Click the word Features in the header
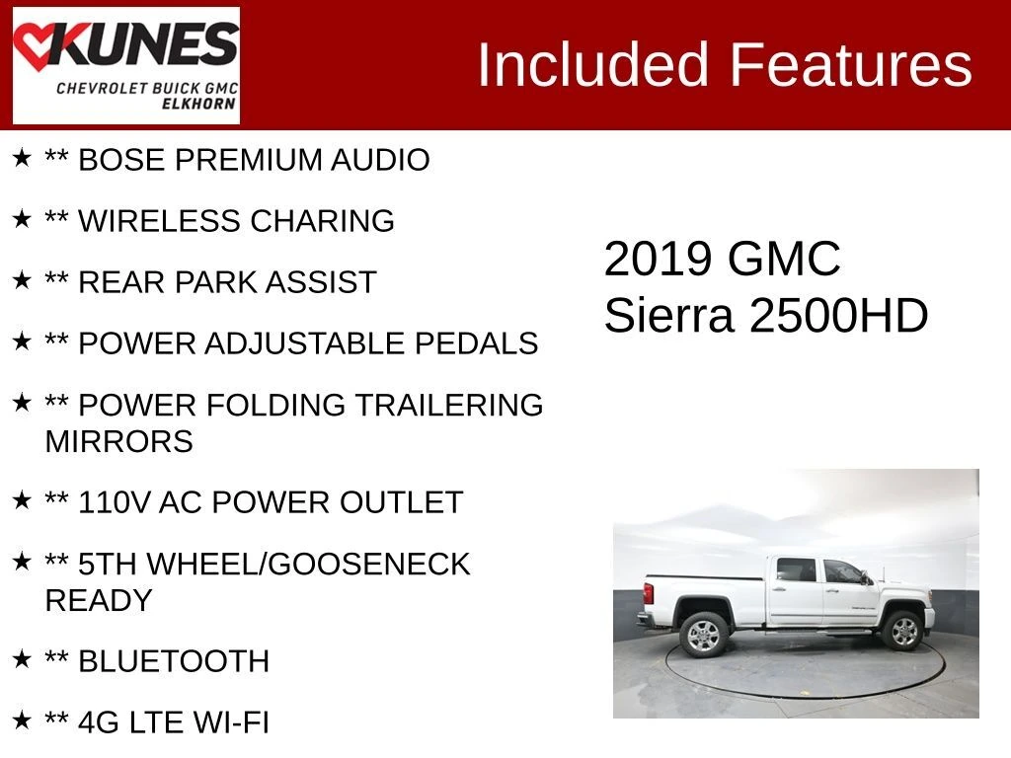pyautogui.click(x=850, y=64)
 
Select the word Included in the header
pyautogui.click(x=593, y=64)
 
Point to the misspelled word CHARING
pyautogui.click(x=323, y=221)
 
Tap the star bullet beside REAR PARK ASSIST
pyautogui.click(x=22, y=280)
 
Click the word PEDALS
pyautogui.click(x=477, y=343)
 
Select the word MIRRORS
pyautogui.click(x=119, y=441)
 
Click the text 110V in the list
pyautogui.click(x=115, y=502)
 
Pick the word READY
pyautogui.click(x=99, y=601)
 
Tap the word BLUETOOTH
pyautogui.click(x=174, y=661)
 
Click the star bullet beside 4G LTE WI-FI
pyautogui.click(x=22, y=720)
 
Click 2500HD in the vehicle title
pyautogui.click(x=839, y=316)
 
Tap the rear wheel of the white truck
pyautogui.click(x=703, y=635)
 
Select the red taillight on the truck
pyautogui.click(x=649, y=593)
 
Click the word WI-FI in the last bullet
pyautogui.click(x=231, y=722)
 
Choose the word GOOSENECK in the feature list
pyautogui.click(x=368, y=564)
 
